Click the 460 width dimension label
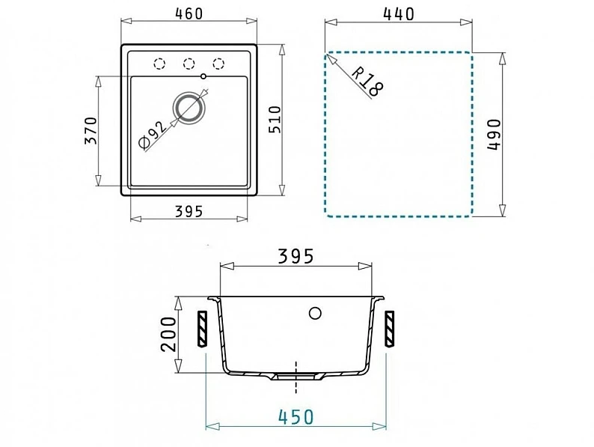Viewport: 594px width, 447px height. tap(189, 14)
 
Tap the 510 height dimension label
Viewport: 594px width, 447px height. tap(275, 120)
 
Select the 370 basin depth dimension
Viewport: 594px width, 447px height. tap(91, 131)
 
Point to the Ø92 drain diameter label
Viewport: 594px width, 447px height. tap(153, 135)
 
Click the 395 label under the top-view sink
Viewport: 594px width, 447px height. tap(189, 212)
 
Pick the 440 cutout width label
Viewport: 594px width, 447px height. tap(399, 14)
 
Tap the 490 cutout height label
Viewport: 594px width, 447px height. tap(494, 135)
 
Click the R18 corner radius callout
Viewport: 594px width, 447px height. tap(367, 82)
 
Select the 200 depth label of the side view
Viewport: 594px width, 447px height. tap(169, 335)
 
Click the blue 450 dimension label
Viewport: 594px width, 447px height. tap(296, 417)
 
